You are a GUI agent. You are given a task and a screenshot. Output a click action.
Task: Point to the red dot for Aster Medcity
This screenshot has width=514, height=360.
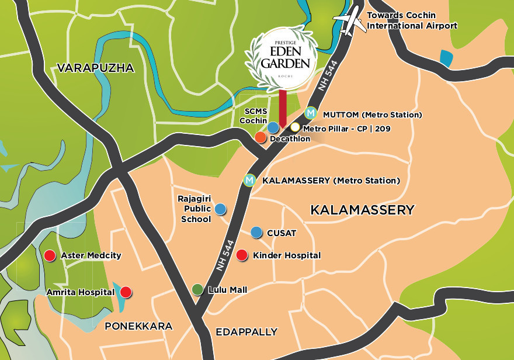pyautogui.click(x=50, y=255)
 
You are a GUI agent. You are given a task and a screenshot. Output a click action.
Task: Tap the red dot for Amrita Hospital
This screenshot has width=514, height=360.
pyautogui.click(x=125, y=292)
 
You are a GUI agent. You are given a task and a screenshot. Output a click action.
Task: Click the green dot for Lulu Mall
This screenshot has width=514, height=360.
pyautogui.click(x=198, y=289)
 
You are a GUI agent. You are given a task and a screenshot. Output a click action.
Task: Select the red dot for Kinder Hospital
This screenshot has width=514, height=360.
pyautogui.click(x=242, y=255)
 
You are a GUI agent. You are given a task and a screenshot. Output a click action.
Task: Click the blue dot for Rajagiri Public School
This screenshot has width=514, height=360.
pyautogui.click(x=220, y=209)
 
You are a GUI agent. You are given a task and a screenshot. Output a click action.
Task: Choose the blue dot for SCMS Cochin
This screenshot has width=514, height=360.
pyautogui.click(x=273, y=127)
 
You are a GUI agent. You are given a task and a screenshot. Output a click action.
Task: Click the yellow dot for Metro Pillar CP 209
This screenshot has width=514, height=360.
pyautogui.click(x=295, y=127)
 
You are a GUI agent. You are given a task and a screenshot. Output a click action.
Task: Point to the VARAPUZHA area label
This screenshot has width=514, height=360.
pyautogui.click(x=95, y=68)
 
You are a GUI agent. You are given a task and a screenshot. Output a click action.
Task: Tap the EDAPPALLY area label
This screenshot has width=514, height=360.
pyautogui.click(x=246, y=332)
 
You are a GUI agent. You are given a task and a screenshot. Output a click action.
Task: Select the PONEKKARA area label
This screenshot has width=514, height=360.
pyautogui.click(x=138, y=326)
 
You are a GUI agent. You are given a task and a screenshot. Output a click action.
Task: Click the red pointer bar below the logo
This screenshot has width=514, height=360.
pyautogui.click(x=283, y=109)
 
